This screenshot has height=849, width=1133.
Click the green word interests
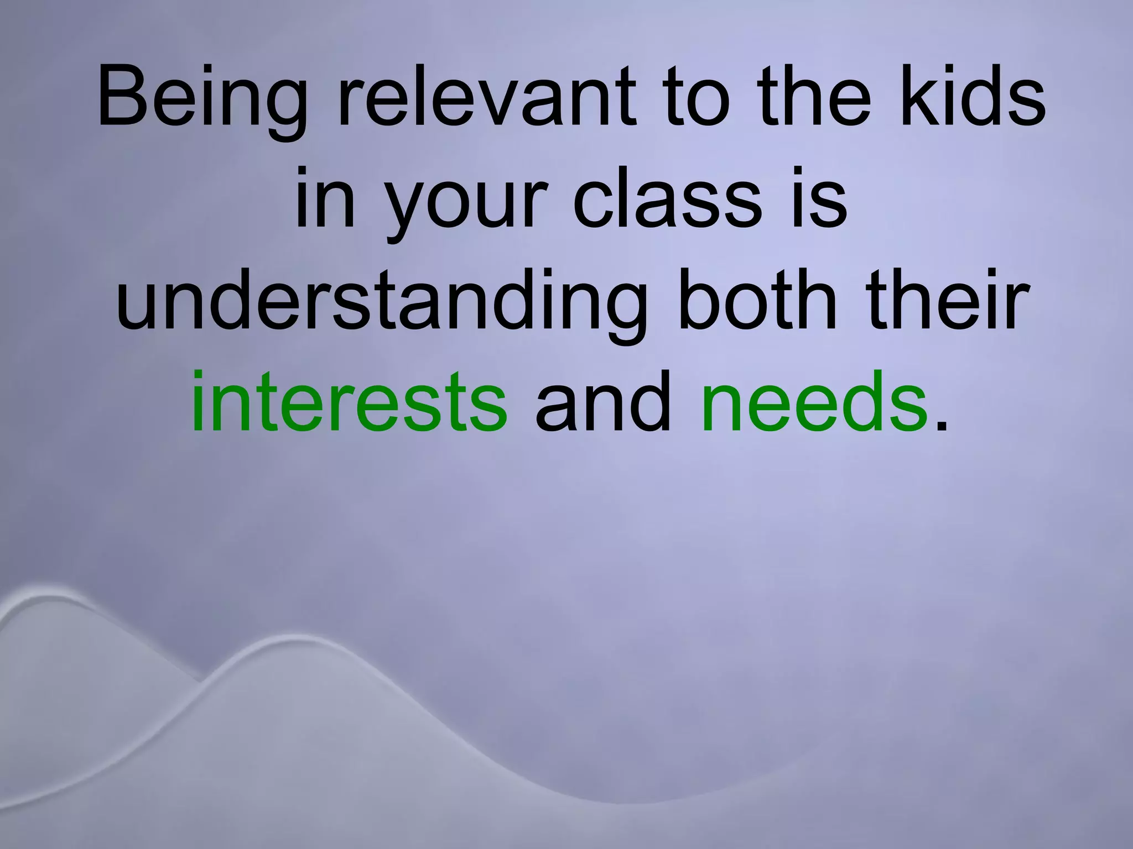pos(349,401)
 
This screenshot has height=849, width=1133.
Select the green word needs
pos(814,401)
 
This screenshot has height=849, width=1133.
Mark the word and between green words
pos(603,401)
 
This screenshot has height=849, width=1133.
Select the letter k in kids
pos(916,99)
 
